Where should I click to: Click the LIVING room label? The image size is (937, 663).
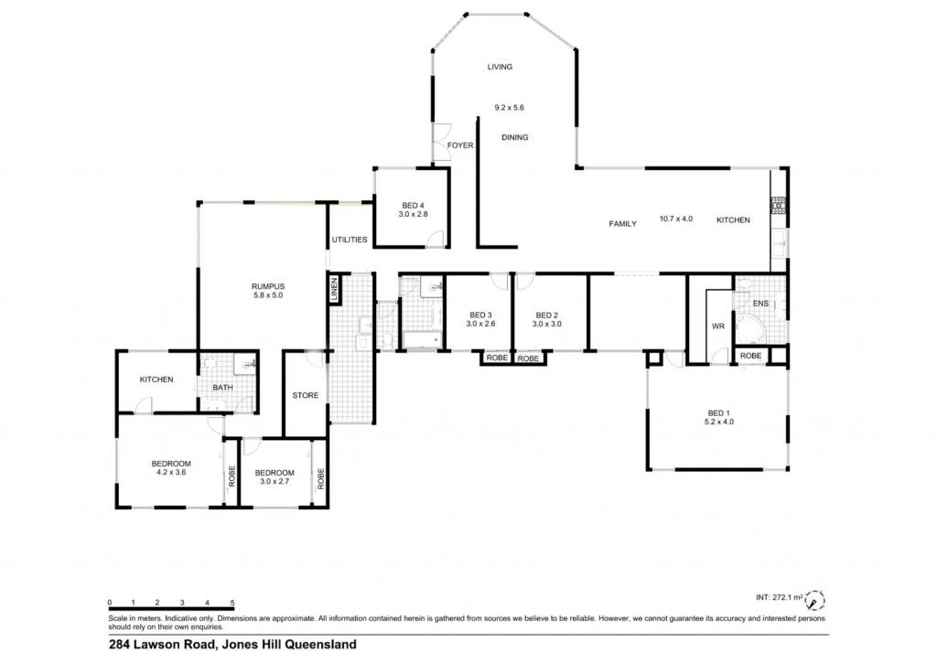(x=500, y=67)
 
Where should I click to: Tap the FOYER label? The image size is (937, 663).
(x=460, y=145)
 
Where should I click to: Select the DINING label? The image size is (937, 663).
(x=514, y=137)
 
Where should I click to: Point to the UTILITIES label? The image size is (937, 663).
(x=350, y=240)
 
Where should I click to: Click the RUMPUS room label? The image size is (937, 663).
(x=268, y=287)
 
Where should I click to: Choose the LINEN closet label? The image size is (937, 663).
(x=335, y=289)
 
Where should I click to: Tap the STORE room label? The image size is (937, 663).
(x=306, y=395)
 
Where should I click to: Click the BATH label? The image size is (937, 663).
(x=223, y=388)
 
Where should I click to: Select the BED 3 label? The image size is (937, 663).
(x=480, y=315)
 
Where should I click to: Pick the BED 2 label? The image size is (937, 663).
(x=547, y=315)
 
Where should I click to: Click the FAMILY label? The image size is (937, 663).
(x=622, y=224)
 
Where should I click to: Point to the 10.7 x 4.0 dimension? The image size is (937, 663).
(x=676, y=219)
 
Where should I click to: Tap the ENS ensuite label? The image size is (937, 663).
(x=760, y=304)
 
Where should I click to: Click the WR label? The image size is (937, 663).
(x=718, y=326)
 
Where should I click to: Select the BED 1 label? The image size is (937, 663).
(x=719, y=413)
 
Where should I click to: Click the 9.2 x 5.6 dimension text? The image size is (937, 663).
(x=509, y=108)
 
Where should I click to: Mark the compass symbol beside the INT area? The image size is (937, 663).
(x=814, y=599)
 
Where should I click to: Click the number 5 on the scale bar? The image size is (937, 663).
(x=232, y=604)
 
